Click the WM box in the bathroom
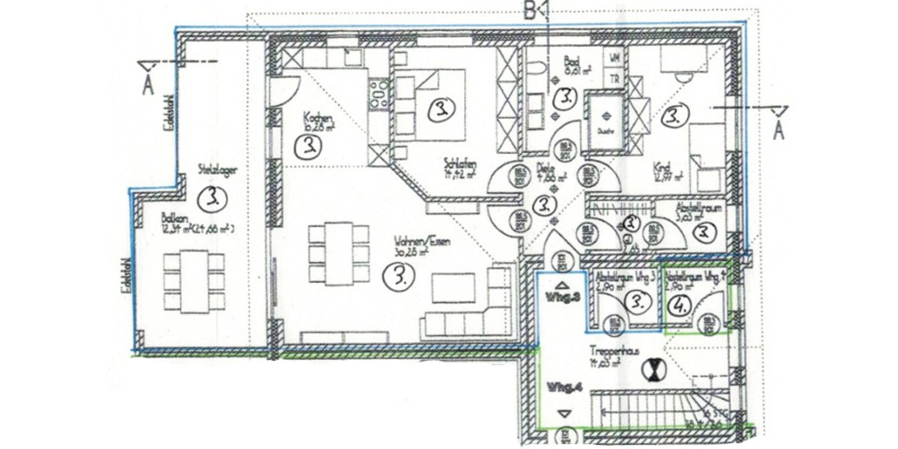(x=614, y=58)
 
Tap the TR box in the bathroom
(x=614, y=78)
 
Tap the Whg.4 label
(x=563, y=388)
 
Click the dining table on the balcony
(x=194, y=281)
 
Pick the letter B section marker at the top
(x=533, y=11)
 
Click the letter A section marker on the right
(x=778, y=131)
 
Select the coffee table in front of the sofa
(x=452, y=288)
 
